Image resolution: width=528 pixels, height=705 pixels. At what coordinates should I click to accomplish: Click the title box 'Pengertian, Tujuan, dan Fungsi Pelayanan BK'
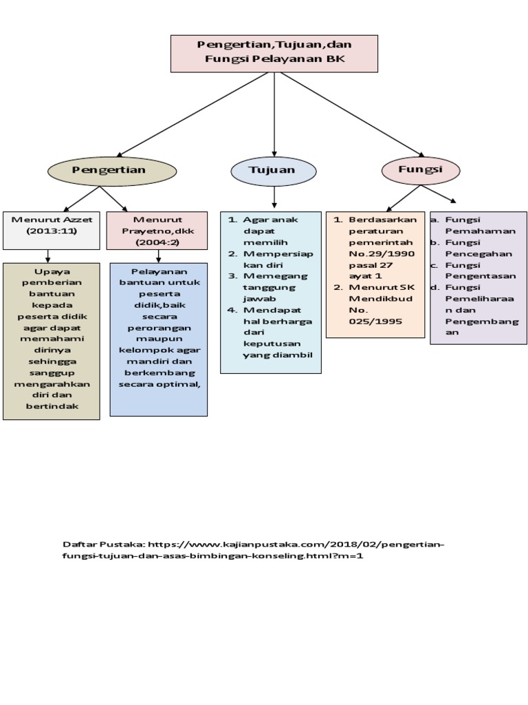[x=274, y=53]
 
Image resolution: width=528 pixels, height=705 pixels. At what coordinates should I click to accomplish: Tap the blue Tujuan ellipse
[x=273, y=170]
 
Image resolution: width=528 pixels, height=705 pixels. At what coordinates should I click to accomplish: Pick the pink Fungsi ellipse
[x=421, y=169]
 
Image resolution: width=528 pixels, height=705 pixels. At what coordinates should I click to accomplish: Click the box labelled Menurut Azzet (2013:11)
[x=52, y=230]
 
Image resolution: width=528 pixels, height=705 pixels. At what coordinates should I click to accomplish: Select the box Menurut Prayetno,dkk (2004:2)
[x=158, y=231]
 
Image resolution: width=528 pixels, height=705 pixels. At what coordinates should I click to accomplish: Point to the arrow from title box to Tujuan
[x=274, y=114]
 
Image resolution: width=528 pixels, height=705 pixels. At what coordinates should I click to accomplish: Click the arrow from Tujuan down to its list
[x=274, y=197]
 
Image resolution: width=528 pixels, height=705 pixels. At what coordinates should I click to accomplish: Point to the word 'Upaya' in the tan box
[x=51, y=272]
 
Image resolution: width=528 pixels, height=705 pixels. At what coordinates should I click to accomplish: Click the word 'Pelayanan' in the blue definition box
[x=159, y=272]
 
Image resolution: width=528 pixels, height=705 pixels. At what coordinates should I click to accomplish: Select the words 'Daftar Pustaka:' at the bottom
[x=103, y=544]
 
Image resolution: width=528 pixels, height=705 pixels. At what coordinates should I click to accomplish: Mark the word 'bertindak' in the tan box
[x=51, y=406]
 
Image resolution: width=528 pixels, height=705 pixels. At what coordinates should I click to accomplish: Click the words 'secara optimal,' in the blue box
[x=159, y=384]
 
